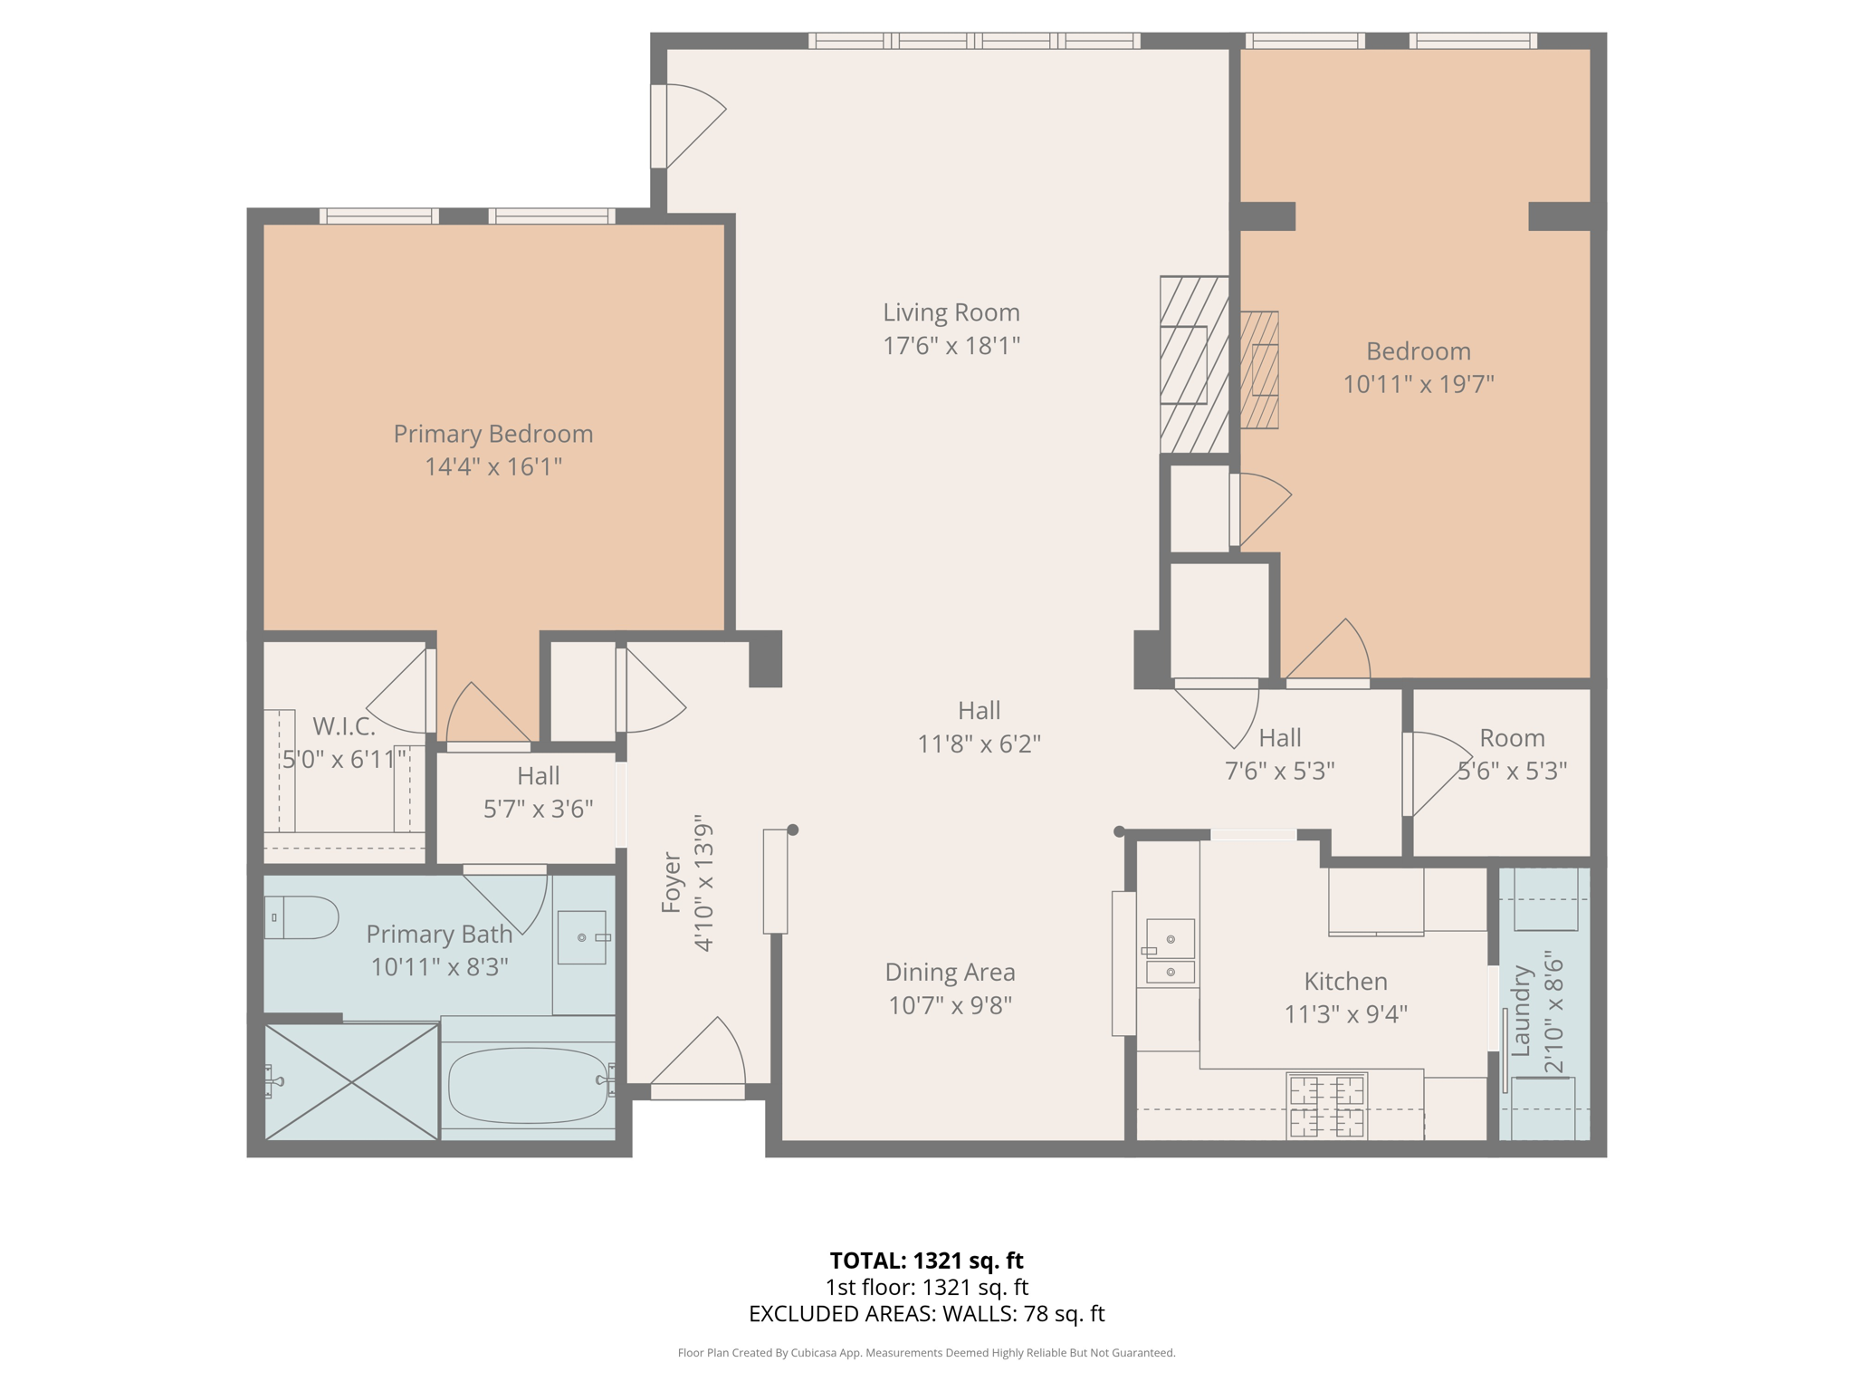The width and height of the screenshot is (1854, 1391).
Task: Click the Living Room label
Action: tap(951, 312)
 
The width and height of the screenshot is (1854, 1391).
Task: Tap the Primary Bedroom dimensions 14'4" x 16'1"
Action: tap(493, 466)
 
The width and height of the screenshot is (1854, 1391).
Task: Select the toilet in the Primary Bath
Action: tap(301, 917)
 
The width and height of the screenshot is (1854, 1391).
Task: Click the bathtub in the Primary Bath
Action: tap(528, 1085)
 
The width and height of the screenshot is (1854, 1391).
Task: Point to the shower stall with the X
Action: tap(351, 1081)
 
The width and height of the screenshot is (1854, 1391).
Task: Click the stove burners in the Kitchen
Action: tap(1326, 1105)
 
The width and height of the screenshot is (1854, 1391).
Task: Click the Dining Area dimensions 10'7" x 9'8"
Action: tap(950, 1005)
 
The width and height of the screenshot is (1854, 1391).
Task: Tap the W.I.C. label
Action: tap(343, 726)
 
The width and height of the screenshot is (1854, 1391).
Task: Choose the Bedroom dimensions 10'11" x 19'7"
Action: tap(1418, 384)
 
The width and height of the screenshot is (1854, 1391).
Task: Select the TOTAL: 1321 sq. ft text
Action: tap(926, 1261)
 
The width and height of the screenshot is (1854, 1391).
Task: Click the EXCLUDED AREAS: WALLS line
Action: tap(926, 1314)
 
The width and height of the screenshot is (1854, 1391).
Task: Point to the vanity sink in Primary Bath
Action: tap(581, 937)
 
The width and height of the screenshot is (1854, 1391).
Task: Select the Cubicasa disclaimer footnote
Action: tap(926, 1353)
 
